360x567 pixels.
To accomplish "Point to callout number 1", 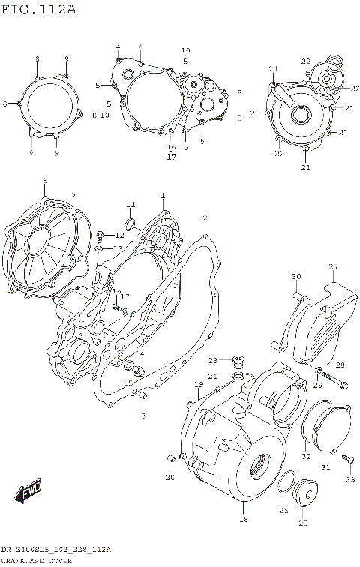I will click(161, 196).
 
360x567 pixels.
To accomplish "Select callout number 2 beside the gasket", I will click(204, 218).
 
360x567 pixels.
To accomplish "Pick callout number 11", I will click(130, 205).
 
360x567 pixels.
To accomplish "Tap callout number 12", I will click(119, 235).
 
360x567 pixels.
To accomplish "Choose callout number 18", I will click(242, 519).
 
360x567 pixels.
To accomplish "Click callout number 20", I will click(169, 478).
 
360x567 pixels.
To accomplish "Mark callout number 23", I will click(213, 360).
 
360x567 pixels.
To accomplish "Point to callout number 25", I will click(303, 523).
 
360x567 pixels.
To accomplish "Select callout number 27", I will click(334, 266).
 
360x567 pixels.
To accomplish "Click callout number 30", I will click(295, 276).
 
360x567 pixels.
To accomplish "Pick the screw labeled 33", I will click(346, 457).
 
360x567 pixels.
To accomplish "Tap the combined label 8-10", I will click(101, 115).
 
